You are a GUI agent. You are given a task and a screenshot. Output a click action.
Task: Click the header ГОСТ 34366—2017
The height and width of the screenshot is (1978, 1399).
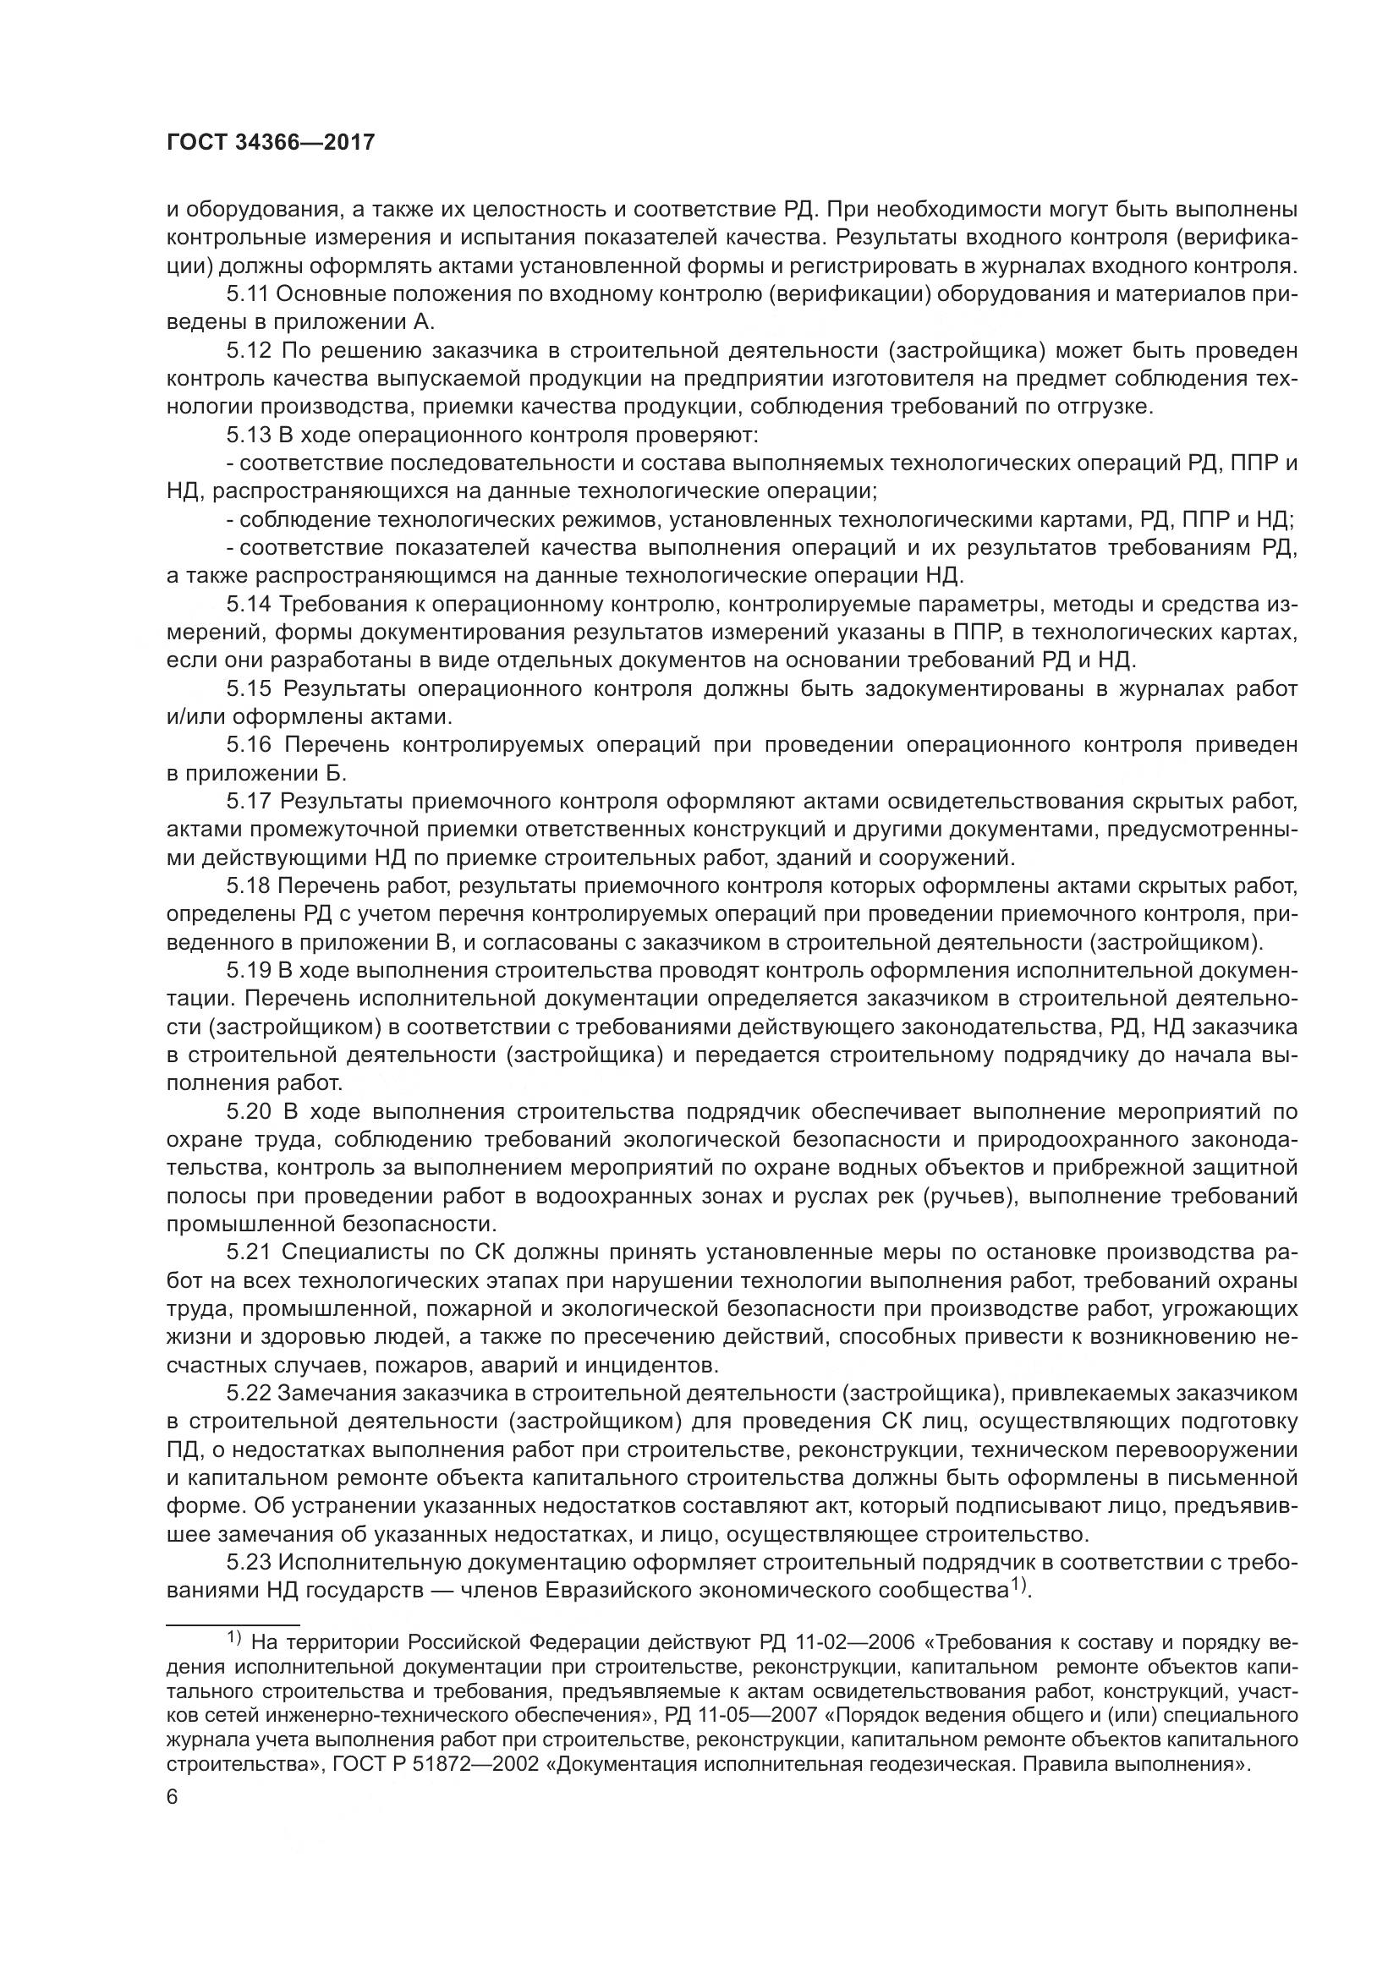pyautogui.click(x=271, y=142)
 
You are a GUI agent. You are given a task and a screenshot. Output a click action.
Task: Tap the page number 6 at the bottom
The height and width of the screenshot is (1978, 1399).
pyautogui.click(x=173, y=1798)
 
